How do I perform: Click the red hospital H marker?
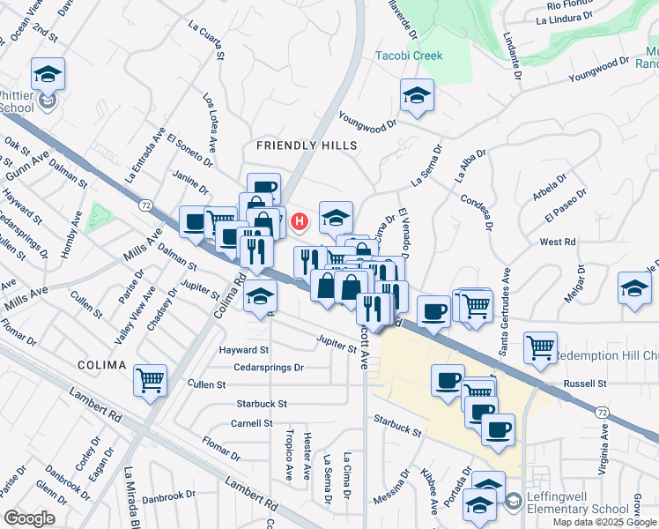pyautogui.click(x=300, y=220)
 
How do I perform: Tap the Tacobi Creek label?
pyautogui.click(x=409, y=56)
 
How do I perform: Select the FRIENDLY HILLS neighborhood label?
pyautogui.click(x=307, y=145)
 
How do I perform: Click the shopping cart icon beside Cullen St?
pyautogui.click(x=151, y=381)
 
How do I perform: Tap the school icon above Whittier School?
pyautogui.click(x=48, y=74)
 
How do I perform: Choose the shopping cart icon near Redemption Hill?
pyautogui.click(x=539, y=346)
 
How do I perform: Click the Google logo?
pyautogui.click(x=30, y=518)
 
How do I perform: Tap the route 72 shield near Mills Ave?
pyautogui.click(x=144, y=205)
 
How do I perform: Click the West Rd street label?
pyautogui.click(x=557, y=242)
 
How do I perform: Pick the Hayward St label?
pyautogui.click(x=243, y=350)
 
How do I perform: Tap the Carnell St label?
pyautogui.click(x=253, y=423)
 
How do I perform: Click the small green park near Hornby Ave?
pyautogui.click(x=99, y=215)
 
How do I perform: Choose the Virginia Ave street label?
pyautogui.click(x=606, y=449)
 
